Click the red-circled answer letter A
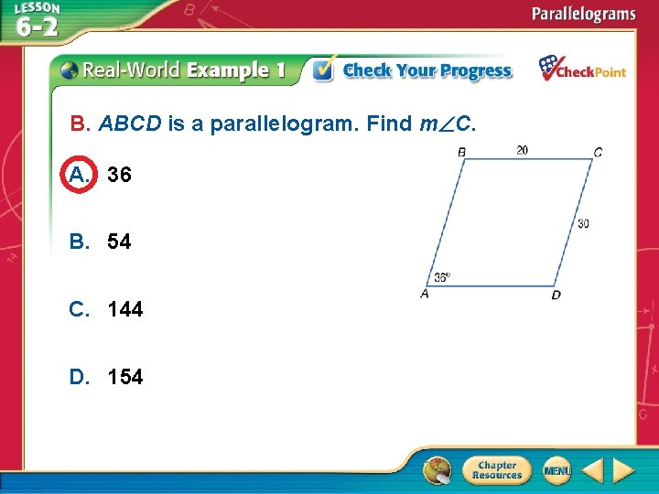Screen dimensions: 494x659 pos(79,174)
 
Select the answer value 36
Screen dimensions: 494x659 pos(119,174)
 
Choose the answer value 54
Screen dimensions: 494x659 pos(119,242)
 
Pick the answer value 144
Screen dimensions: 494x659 pos(124,309)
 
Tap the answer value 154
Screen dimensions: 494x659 pos(124,377)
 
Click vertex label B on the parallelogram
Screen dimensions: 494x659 pos(461,152)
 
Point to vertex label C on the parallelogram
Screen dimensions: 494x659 pos(598,153)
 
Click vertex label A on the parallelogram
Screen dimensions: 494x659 pos(425,294)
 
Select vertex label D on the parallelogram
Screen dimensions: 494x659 pos(556,295)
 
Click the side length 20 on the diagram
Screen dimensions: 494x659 pos(522,150)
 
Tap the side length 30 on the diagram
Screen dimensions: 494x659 pos(583,223)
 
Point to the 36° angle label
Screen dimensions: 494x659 pos(442,277)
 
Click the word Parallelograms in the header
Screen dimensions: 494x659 pos(584,14)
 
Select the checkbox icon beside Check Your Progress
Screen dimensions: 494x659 pos(323,70)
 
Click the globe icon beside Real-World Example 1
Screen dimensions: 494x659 pos(70,70)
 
